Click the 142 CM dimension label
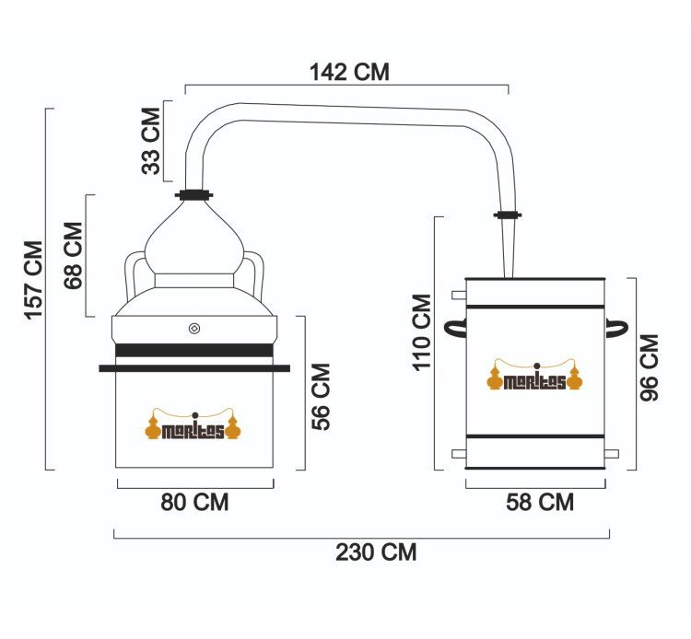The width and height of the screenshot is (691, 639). tap(349, 72)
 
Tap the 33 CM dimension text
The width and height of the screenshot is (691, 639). tap(151, 141)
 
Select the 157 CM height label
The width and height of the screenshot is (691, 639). tap(33, 280)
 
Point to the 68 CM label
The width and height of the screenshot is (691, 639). tap(73, 255)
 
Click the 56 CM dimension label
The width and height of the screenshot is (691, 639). tap(321, 396)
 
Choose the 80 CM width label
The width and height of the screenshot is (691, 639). tap(194, 502)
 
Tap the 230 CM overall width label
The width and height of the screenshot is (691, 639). tap(376, 552)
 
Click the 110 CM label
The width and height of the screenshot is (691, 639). tap(422, 332)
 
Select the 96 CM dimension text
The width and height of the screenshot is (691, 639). tap(650, 367)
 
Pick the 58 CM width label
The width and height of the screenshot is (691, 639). tap(540, 502)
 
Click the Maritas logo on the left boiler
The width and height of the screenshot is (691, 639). tap(193, 424)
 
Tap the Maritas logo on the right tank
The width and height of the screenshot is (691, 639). tap(535, 375)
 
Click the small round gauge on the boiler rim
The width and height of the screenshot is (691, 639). tap(194, 328)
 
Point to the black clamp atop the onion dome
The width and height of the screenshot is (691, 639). tap(193, 194)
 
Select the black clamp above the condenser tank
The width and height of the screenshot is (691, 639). tap(508, 215)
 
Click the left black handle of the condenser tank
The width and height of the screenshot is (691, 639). tap(455, 329)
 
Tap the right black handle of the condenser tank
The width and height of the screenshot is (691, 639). tap(616, 329)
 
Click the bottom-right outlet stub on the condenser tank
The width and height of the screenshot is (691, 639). tap(612, 454)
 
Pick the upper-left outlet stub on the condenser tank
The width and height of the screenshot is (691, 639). tap(459, 295)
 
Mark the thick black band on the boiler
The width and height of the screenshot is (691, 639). tap(194, 350)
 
